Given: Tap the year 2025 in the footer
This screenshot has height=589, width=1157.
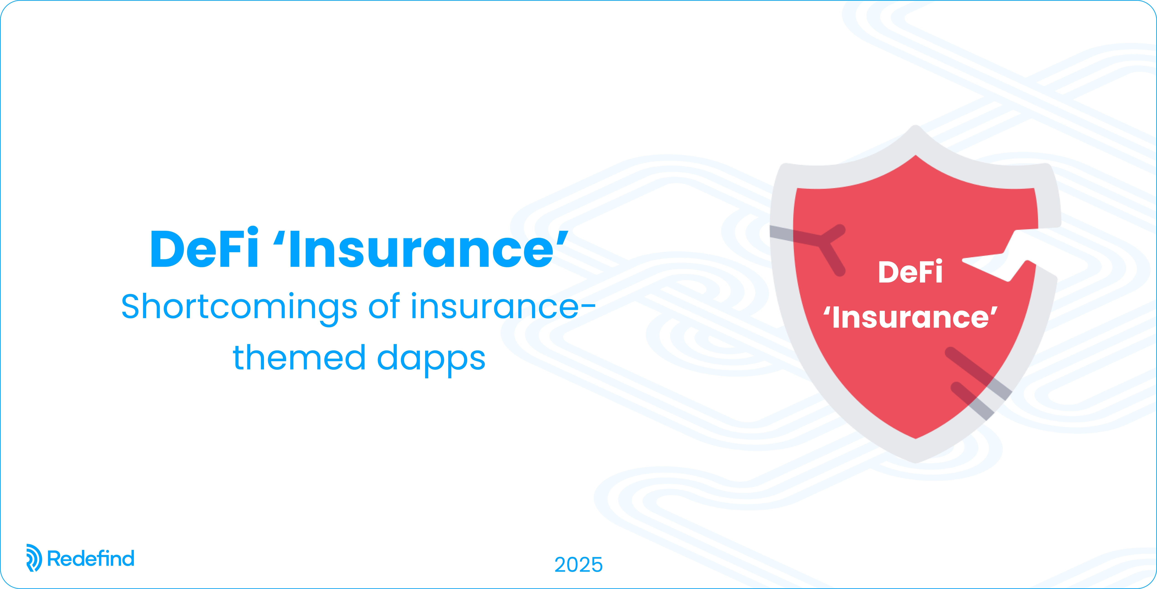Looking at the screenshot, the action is tap(578, 565).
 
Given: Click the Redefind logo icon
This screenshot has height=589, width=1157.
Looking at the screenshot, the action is tap(34, 558).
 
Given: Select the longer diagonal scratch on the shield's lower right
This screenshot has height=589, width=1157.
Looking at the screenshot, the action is tap(978, 373).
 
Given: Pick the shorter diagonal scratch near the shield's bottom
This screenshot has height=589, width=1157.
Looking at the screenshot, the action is tap(972, 401).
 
